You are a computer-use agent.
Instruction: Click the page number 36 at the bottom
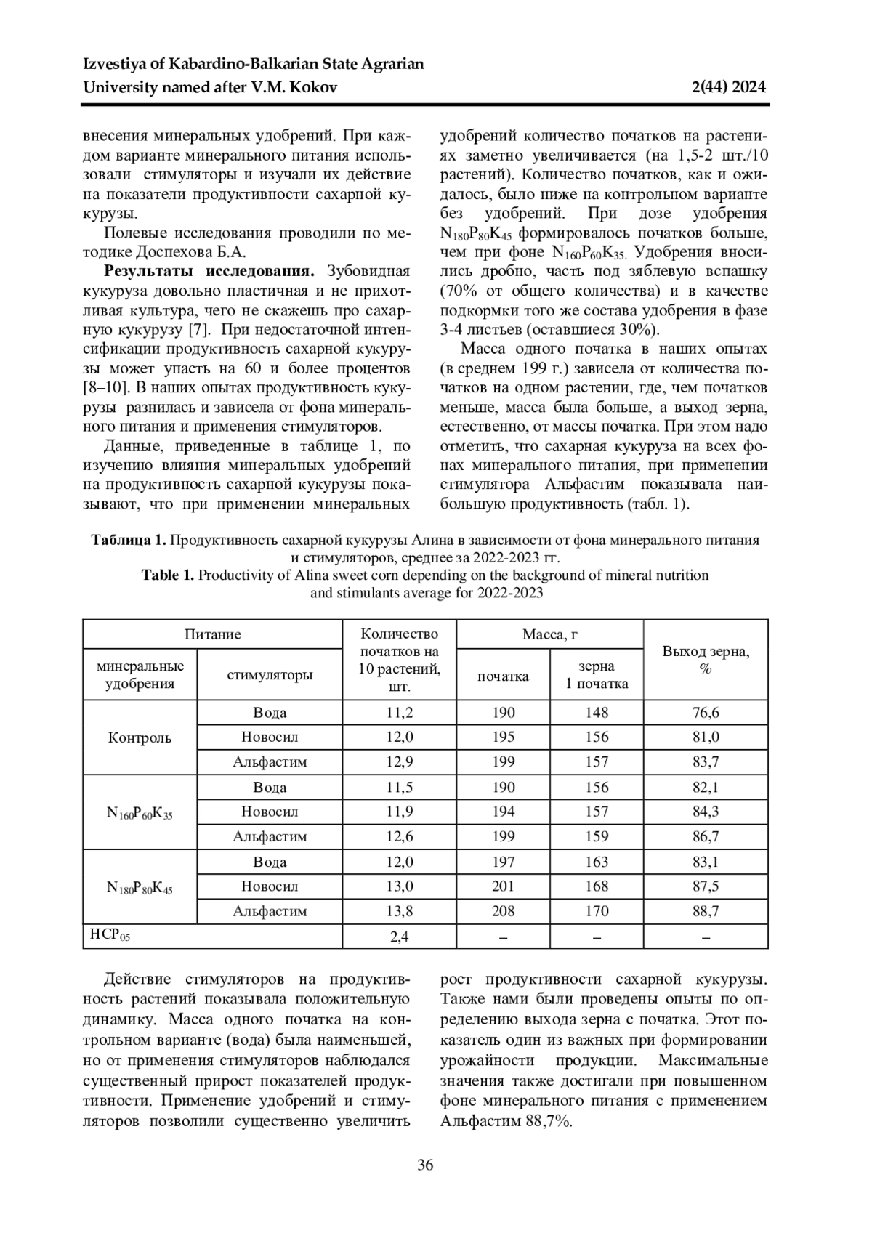(425, 1165)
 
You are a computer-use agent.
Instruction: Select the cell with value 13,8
(400, 911)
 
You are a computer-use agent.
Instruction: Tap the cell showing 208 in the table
(503, 911)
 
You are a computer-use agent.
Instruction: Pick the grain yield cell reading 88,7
(706, 911)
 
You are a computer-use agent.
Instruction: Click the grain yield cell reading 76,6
(706, 713)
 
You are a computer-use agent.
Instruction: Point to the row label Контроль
(140, 737)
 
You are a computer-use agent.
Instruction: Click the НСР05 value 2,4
(400, 936)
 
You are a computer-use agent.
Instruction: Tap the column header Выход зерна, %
(706, 660)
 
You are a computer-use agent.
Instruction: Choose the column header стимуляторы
(270, 675)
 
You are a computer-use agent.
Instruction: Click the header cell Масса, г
(550, 634)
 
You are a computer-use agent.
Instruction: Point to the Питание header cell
(212, 634)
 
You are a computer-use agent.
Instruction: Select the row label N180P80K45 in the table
(140, 887)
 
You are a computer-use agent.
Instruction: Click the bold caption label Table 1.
(168, 575)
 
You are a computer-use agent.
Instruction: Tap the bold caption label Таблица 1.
(129, 541)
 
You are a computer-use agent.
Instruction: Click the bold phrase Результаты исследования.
(210, 272)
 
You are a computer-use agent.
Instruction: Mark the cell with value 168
(597, 886)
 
